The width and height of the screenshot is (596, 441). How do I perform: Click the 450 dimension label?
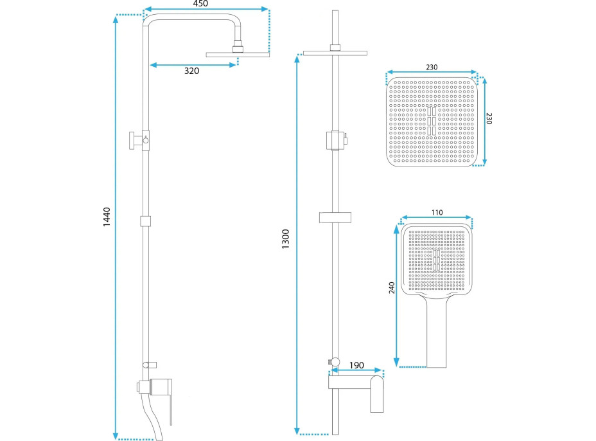(x=200, y=3)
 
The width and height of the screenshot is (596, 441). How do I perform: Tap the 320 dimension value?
(x=191, y=71)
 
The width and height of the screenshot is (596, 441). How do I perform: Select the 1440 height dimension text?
(x=107, y=217)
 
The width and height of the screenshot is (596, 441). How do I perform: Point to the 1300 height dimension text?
(x=285, y=239)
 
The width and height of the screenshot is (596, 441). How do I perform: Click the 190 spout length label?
(x=356, y=365)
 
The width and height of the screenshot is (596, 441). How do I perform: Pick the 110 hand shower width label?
(x=437, y=212)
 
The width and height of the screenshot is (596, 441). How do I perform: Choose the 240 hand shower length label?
(x=392, y=287)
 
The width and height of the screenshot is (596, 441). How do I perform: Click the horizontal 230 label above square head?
(x=432, y=67)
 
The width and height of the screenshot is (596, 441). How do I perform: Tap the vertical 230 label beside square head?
(x=489, y=118)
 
